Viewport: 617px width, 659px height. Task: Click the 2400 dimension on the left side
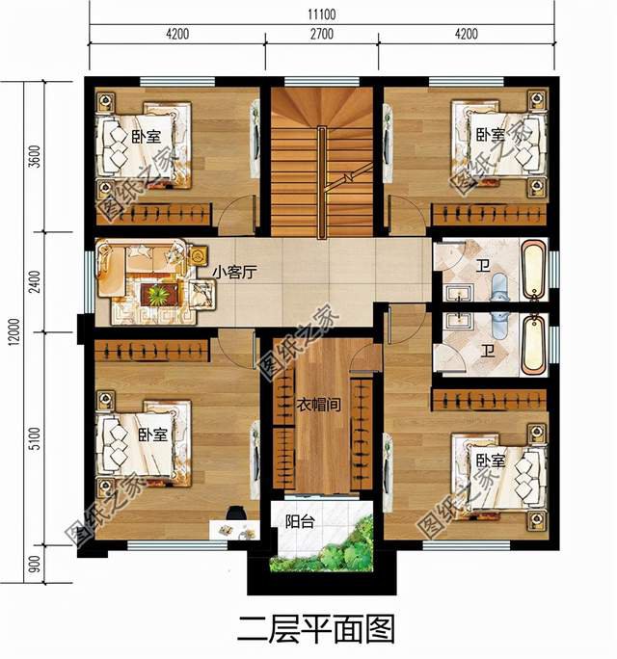click(x=35, y=282)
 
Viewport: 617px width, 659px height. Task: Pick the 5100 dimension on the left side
click(x=35, y=444)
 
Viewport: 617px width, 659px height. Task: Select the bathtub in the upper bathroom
click(x=531, y=269)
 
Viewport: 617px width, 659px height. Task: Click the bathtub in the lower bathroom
click(x=531, y=342)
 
